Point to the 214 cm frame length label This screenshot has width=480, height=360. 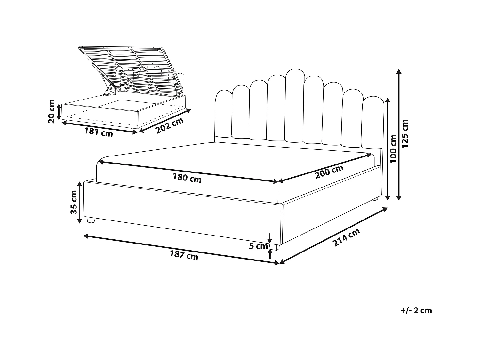(x=347, y=237)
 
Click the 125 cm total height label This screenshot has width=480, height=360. (x=405, y=133)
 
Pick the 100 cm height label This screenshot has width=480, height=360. (x=394, y=148)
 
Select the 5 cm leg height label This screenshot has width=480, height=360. (x=259, y=246)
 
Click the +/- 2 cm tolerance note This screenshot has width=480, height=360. (x=416, y=310)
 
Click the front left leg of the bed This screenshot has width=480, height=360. (x=91, y=220)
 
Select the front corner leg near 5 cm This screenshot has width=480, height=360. (x=275, y=247)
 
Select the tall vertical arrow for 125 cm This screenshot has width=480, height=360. (x=399, y=134)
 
